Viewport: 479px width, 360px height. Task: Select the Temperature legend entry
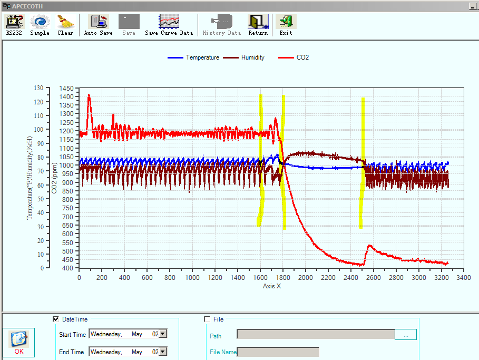click(193, 57)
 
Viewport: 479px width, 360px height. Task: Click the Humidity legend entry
click(243, 57)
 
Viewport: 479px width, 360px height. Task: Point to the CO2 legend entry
click(294, 57)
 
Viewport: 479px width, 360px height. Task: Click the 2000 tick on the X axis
click(306, 277)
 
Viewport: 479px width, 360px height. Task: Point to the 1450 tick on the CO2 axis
click(66, 89)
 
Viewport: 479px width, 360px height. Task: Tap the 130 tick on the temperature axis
click(38, 88)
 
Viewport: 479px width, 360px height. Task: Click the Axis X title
click(272, 286)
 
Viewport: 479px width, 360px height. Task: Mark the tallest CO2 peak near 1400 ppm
click(89, 95)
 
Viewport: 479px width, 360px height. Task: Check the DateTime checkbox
click(56, 319)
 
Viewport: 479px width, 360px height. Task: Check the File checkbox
click(207, 319)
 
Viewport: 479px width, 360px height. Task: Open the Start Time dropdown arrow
click(163, 334)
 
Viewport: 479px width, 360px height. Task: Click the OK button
click(19, 342)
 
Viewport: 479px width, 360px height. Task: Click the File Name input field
click(278, 352)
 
